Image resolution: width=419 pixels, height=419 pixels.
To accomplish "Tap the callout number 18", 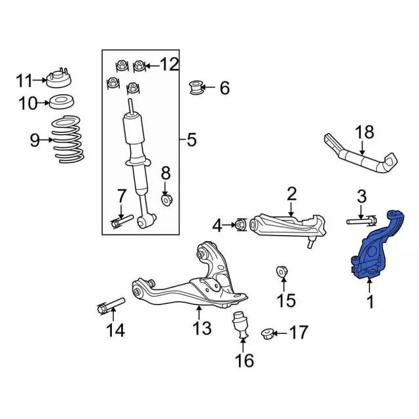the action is pyautogui.click(x=364, y=132).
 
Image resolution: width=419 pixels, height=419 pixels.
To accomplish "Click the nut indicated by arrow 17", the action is pyautogui.click(x=267, y=334).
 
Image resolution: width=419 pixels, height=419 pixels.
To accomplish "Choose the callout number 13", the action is pyautogui.click(x=202, y=328).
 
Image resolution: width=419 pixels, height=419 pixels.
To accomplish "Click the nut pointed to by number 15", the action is pyautogui.click(x=282, y=272).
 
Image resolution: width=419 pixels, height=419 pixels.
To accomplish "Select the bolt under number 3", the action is pyautogui.click(x=362, y=221).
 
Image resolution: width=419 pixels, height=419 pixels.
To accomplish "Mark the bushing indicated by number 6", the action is pyautogui.click(x=196, y=88).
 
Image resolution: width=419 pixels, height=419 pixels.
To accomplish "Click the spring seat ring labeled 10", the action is pyautogui.click(x=62, y=102).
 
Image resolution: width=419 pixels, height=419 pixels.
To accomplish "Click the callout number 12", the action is pyautogui.click(x=170, y=64).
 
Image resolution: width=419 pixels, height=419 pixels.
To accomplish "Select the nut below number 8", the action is pyautogui.click(x=167, y=200).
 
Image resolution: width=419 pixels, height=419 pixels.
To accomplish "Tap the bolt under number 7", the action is pyautogui.click(x=122, y=221).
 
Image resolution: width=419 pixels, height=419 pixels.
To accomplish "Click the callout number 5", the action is pyautogui.click(x=192, y=139).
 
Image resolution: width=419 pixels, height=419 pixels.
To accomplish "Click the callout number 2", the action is pyautogui.click(x=291, y=194).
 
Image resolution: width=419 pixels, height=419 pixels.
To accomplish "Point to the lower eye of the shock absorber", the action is pyautogui.click(x=143, y=223).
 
